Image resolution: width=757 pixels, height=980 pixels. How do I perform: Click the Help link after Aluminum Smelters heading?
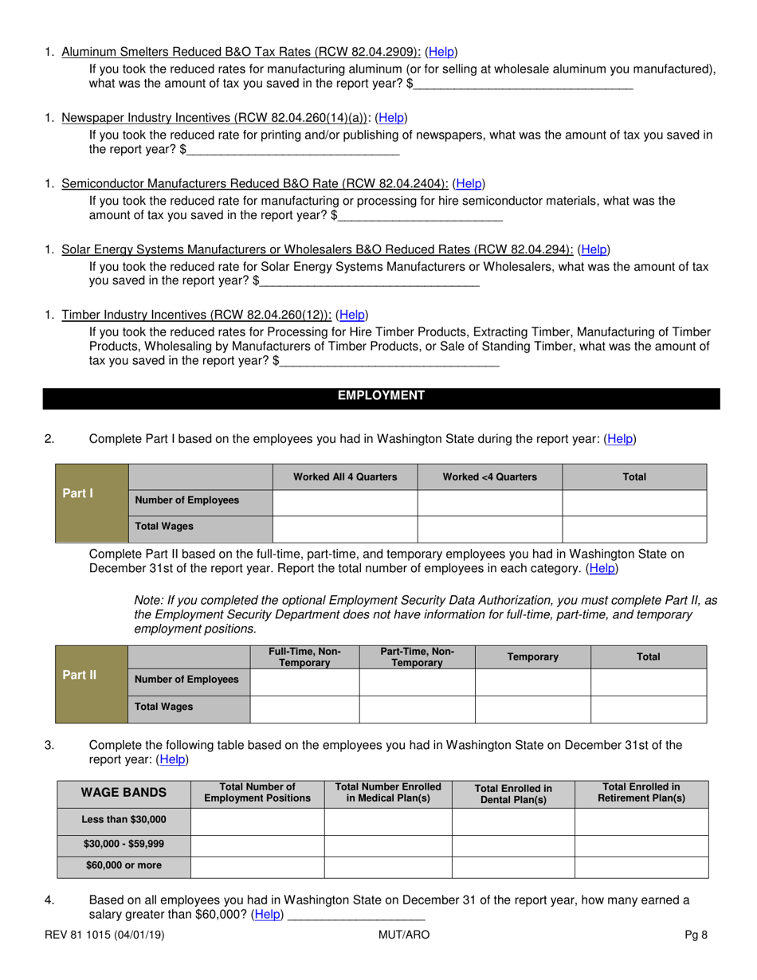pyautogui.click(x=442, y=52)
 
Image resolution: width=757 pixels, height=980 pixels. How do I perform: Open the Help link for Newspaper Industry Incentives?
pyautogui.click(x=391, y=118)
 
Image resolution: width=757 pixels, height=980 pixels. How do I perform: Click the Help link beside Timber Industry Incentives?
pyautogui.click(x=352, y=315)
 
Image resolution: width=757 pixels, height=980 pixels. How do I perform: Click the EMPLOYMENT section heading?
pyautogui.click(x=381, y=396)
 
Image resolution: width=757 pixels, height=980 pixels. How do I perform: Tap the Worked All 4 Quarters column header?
pyautogui.click(x=345, y=477)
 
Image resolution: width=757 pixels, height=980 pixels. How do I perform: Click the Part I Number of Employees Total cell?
pyautogui.click(x=633, y=503)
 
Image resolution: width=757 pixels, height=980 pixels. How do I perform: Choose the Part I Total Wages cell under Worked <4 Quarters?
pyautogui.click(x=489, y=529)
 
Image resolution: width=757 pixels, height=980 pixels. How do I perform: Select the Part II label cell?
pyautogui.click(x=80, y=676)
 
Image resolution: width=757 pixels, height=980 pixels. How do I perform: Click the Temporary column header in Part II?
pyautogui.click(x=532, y=657)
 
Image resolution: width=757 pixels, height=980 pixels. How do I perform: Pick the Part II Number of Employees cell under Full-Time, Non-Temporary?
pyautogui.click(x=304, y=682)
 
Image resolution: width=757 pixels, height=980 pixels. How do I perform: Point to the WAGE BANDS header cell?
pyautogui.click(x=124, y=793)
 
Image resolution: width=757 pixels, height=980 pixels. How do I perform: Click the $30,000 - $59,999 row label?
pyautogui.click(x=124, y=845)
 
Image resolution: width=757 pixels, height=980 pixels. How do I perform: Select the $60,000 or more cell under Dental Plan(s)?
pyautogui.click(x=513, y=867)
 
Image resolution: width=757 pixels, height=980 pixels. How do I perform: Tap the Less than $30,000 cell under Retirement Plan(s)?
pyautogui.click(x=641, y=821)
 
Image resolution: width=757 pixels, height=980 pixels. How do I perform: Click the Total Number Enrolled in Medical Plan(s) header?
pyautogui.click(x=388, y=792)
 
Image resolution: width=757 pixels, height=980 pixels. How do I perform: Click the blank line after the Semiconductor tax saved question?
pyautogui.click(x=421, y=216)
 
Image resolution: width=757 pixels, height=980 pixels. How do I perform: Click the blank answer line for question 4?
pyautogui.click(x=355, y=915)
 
